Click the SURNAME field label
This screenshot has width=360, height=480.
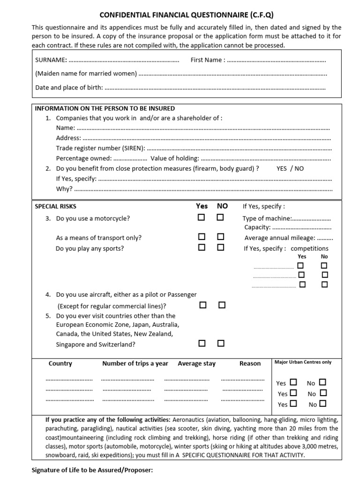click(51, 60)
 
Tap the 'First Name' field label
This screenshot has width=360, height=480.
click(208, 60)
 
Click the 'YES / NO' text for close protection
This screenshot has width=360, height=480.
click(290, 168)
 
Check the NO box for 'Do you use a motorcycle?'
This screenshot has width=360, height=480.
click(220, 217)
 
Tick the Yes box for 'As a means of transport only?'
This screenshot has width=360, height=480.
click(202, 237)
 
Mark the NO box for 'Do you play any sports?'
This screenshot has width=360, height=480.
click(220, 247)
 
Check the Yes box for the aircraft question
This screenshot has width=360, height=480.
click(203, 305)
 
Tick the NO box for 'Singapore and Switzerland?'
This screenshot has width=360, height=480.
click(221, 343)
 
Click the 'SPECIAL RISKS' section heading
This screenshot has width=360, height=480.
click(56, 206)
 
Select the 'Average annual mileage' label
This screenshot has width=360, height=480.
click(279, 238)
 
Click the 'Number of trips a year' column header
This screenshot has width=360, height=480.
click(135, 364)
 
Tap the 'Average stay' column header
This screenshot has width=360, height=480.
click(196, 364)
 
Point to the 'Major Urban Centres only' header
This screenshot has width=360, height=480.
click(303, 362)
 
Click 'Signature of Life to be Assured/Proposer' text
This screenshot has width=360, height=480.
click(92, 470)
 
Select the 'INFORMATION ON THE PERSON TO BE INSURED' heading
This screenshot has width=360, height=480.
click(105, 108)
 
